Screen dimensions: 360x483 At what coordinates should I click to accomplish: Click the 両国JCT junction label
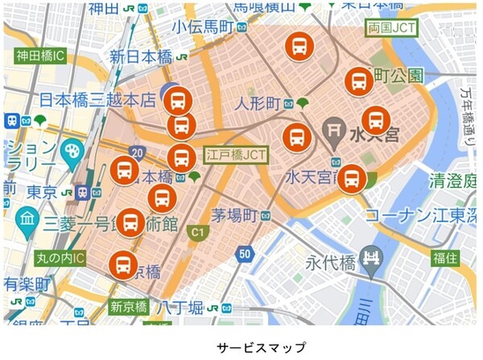coord(392,28)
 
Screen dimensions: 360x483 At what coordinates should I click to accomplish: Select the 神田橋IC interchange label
coord(39,57)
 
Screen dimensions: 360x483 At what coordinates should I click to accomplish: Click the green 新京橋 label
coord(128,307)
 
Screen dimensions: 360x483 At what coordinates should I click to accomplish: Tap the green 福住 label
coord(444,259)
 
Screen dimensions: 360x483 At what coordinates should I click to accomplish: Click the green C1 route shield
coord(195,233)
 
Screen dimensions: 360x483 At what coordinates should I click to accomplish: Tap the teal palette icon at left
coord(72,150)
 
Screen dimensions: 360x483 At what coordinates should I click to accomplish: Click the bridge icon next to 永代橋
coord(372,259)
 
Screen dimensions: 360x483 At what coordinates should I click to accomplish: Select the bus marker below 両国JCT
coord(360,81)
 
